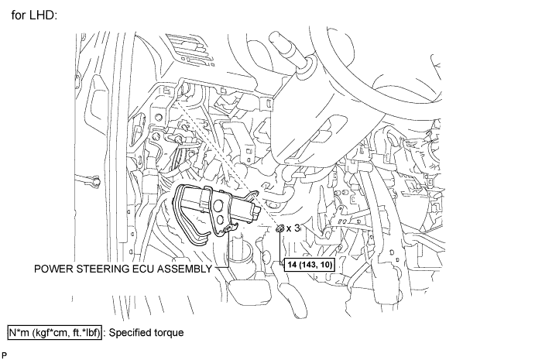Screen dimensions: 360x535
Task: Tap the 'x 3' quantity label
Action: pyautogui.click(x=293, y=228)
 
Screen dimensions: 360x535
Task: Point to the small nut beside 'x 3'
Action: pyautogui.click(x=280, y=229)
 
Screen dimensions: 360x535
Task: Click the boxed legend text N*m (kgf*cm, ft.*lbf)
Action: pyautogui.click(x=54, y=333)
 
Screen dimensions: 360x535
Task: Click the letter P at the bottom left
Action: pyautogui.click(x=5, y=354)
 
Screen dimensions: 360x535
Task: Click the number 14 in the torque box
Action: pyautogui.click(x=292, y=263)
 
